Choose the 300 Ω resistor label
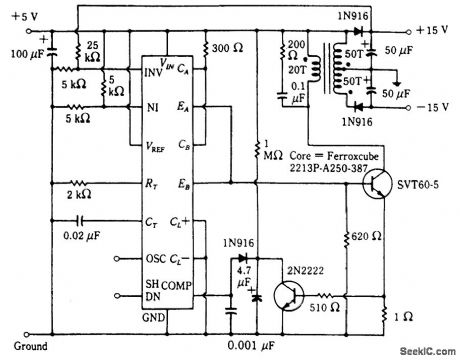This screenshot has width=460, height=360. pos(228,49)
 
